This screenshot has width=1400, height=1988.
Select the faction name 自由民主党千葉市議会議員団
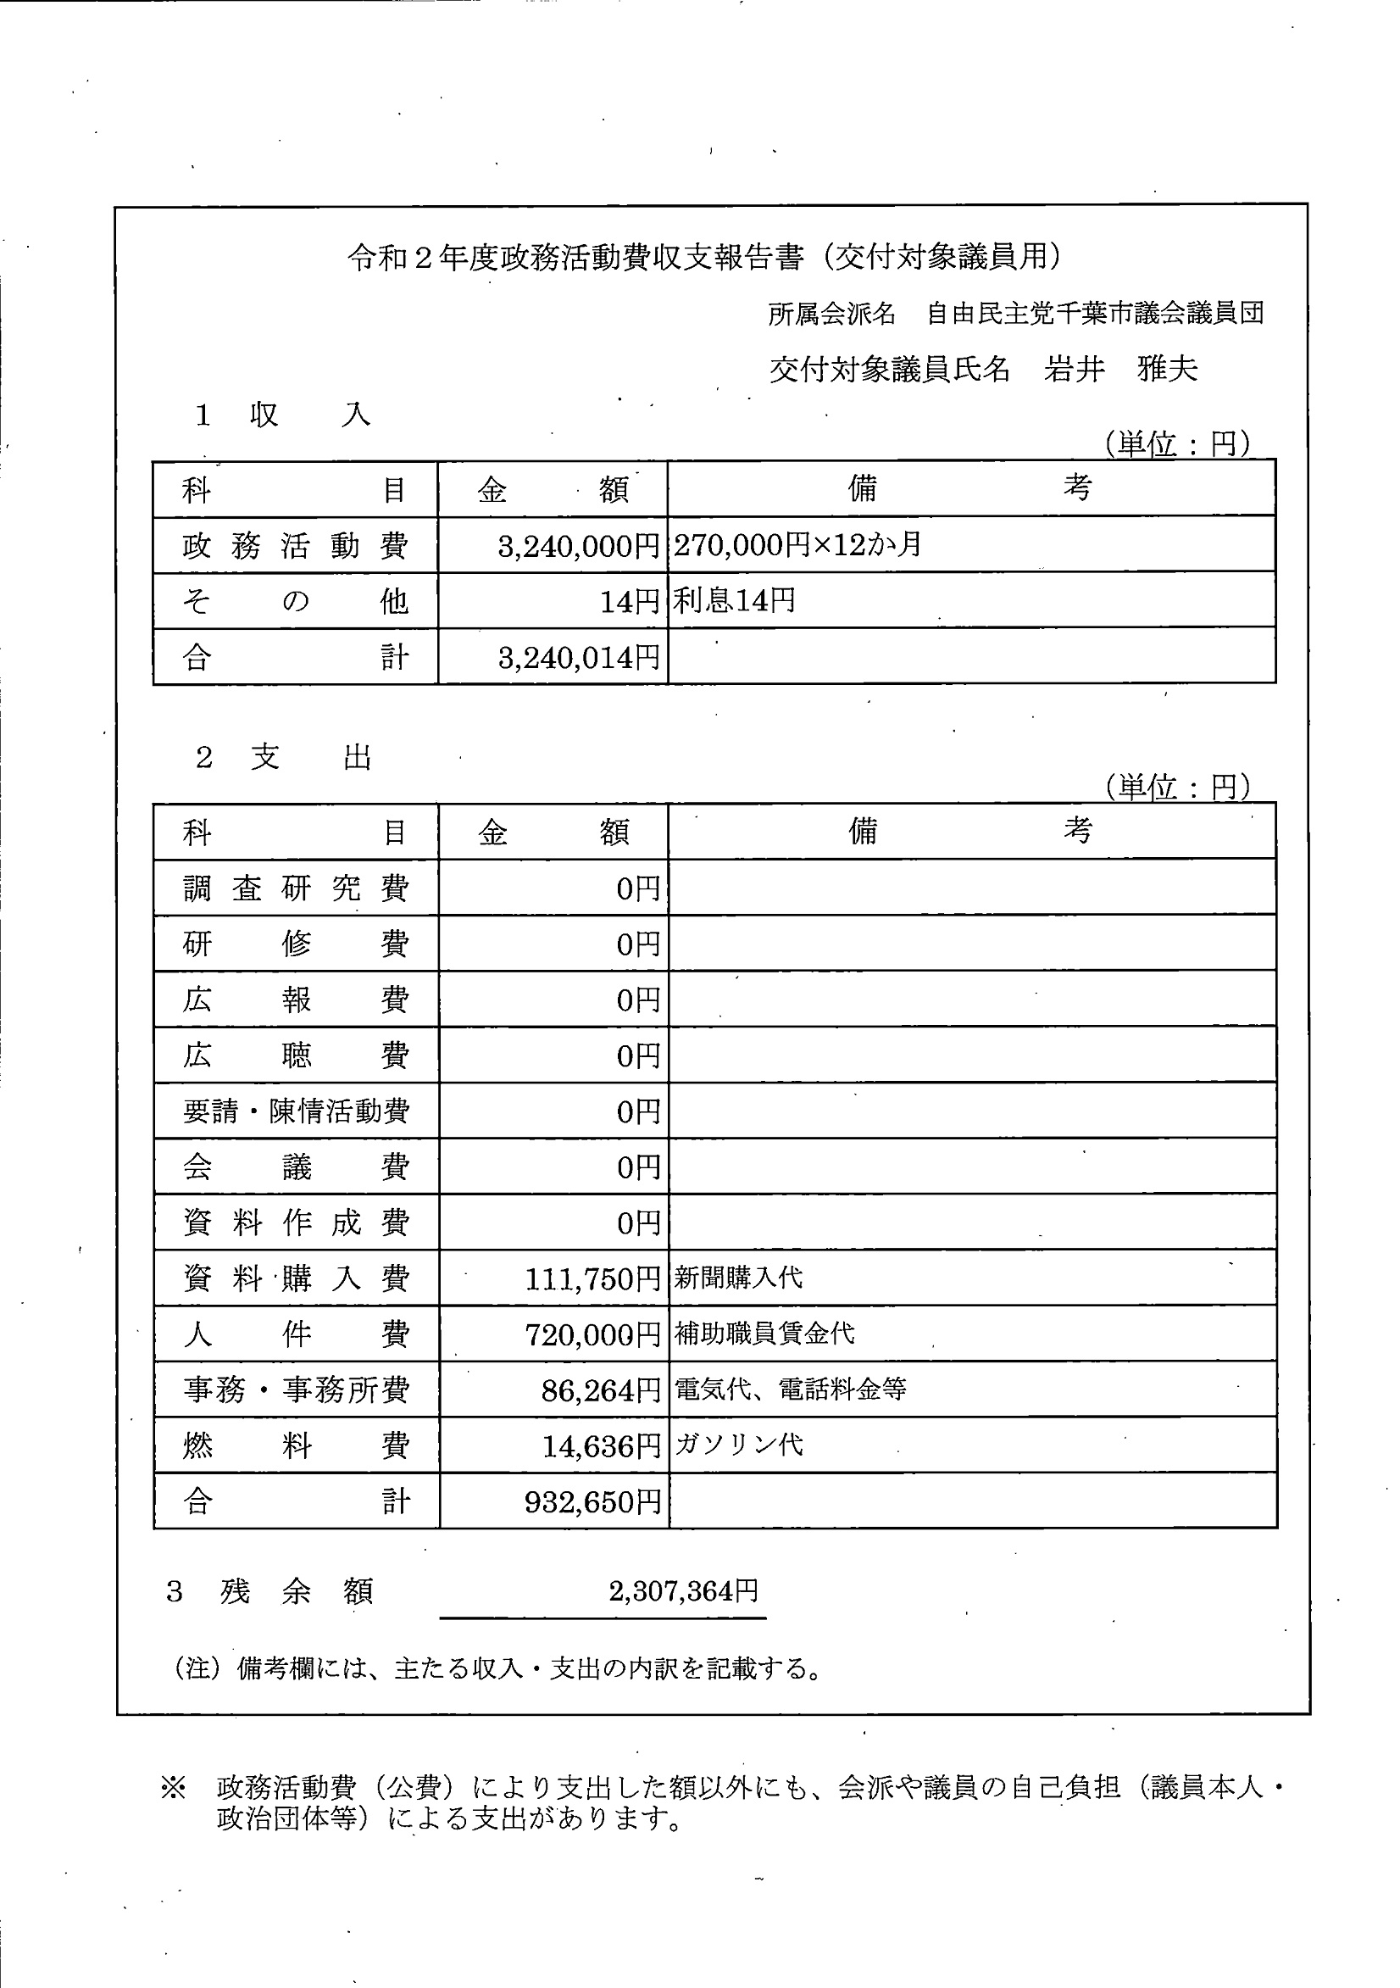[1095, 314]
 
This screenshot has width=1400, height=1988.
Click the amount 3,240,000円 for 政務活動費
[578, 546]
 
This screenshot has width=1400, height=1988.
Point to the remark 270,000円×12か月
[797, 544]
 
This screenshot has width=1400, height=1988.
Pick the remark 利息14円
[734, 601]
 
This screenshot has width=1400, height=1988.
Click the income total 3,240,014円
[578, 658]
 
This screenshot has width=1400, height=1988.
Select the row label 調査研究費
[295, 888]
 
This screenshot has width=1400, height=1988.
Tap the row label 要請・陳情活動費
[295, 1111]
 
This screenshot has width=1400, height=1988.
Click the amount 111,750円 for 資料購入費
[592, 1280]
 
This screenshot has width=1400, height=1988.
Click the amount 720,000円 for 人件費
[592, 1335]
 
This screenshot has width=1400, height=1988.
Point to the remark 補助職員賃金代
[764, 1334]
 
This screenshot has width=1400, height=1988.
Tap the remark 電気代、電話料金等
[791, 1389]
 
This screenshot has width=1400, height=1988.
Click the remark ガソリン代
[738, 1445]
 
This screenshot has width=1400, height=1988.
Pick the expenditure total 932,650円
[592, 1502]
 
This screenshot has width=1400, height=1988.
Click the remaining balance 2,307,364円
[684, 1590]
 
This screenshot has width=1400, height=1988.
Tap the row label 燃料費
[295, 1447]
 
